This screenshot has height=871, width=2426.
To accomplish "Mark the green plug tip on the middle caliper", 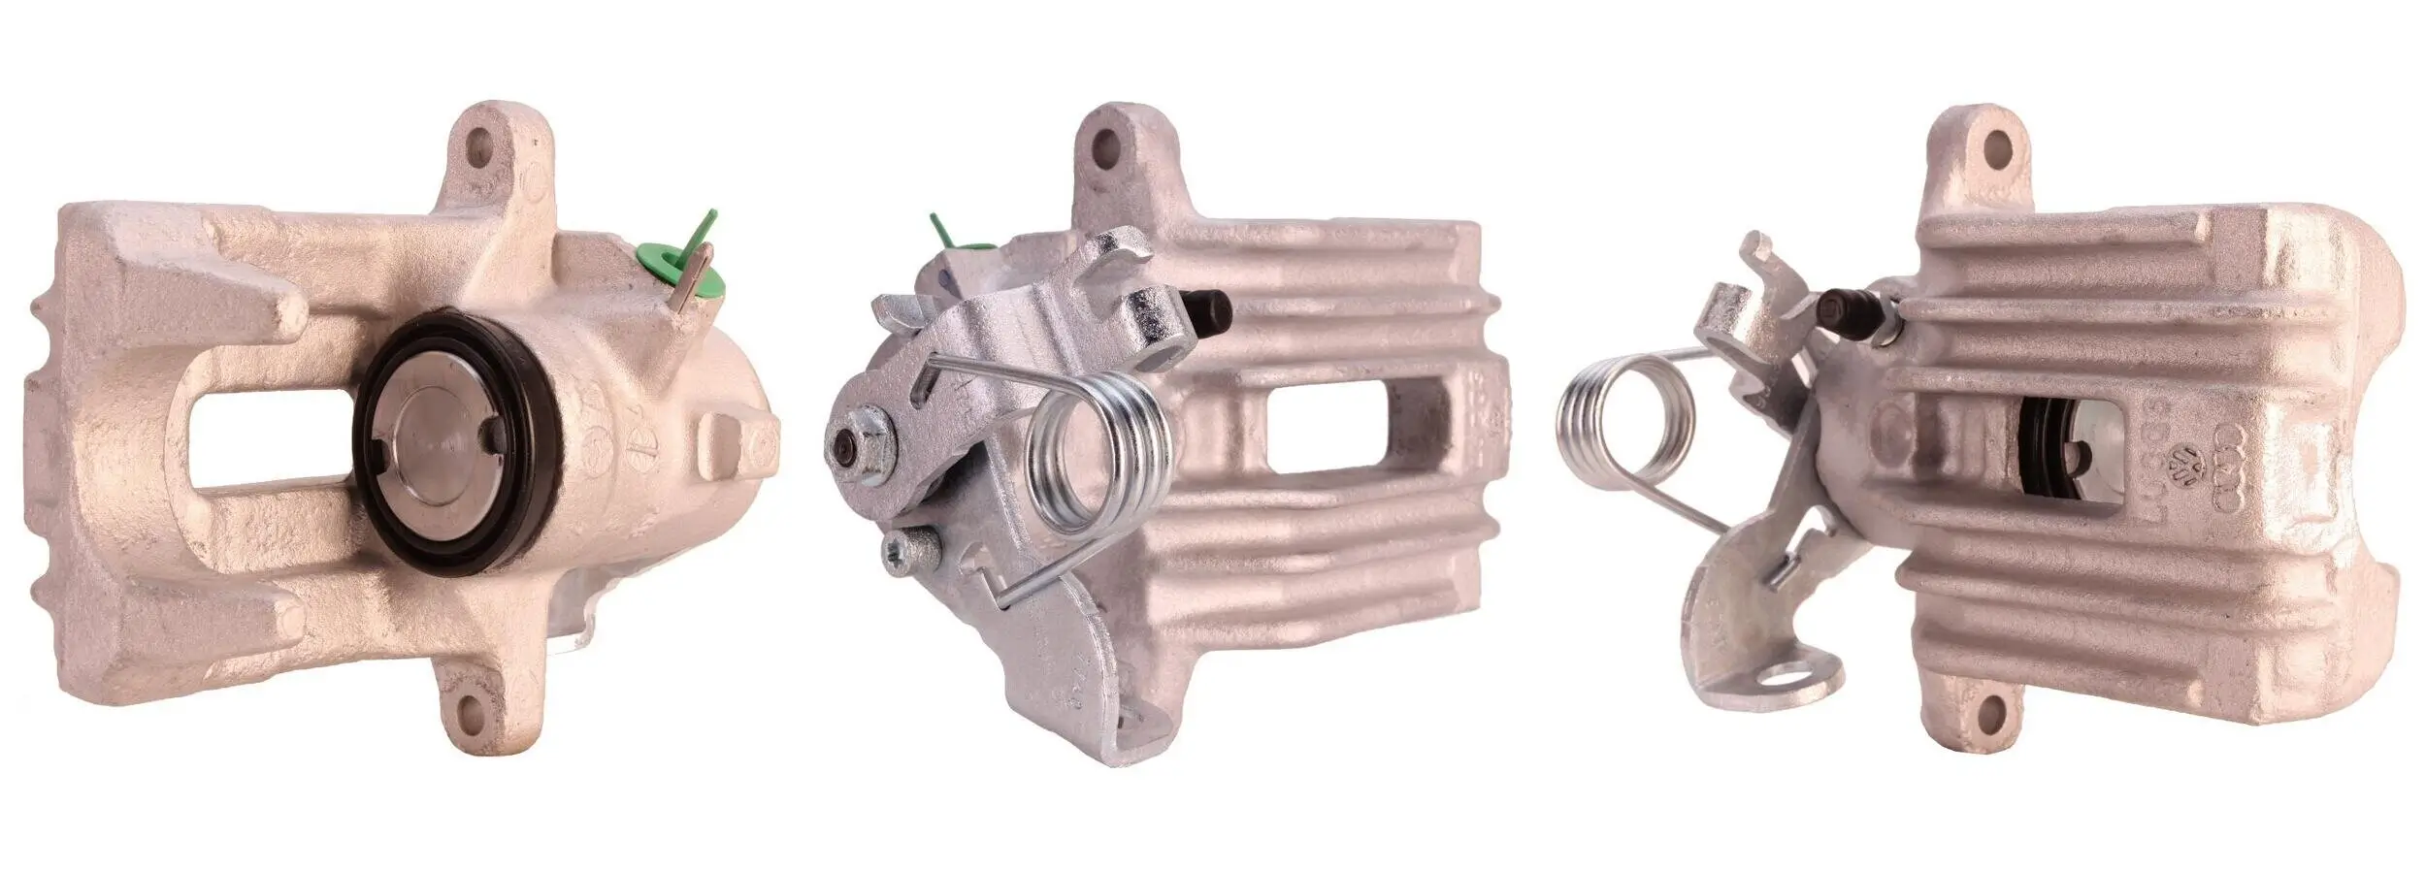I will point(941,229).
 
